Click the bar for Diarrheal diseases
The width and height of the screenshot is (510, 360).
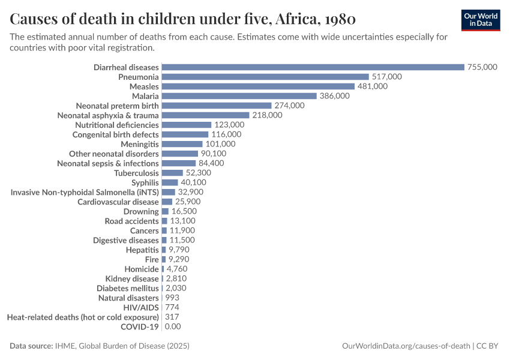pyautogui.click(x=313, y=67)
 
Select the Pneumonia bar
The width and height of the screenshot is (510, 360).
pyautogui.click(x=265, y=77)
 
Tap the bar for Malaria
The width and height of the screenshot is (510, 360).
pyautogui.click(x=239, y=96)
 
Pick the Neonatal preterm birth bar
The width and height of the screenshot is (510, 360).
pyautogui.click(x=216, y=106)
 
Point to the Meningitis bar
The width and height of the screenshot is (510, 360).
pyautogui.click(x=182, y=144)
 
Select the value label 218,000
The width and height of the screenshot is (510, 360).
pyautogui.click(x=266, y=115)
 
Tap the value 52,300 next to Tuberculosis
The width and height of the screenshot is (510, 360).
pyautogui.click(x=199, y=173)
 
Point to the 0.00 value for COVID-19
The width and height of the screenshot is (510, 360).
pyautogui.click(x=172, y=326)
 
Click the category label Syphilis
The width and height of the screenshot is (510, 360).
pyautogui.click(x=145, y=182)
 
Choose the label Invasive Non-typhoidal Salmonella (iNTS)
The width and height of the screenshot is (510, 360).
pyautogui.click(x=85, y=192)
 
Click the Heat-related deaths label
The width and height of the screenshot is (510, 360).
pyautogui.click(x=83, y=317)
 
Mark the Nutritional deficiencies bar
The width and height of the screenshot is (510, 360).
pyautogui.click(x=186, y=125)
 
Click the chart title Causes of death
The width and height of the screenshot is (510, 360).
pyautogui.click(x=183, y=19)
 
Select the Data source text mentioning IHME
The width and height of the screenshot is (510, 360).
pyautogui.click(x=100, y=346)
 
